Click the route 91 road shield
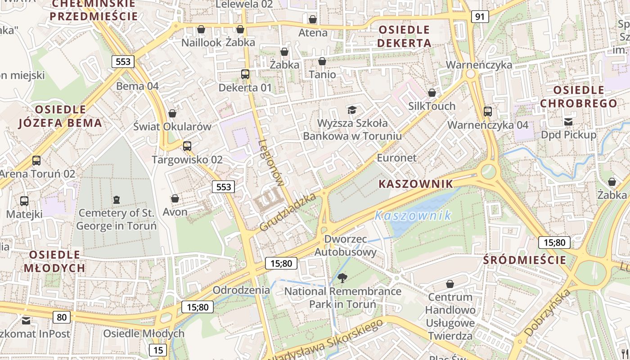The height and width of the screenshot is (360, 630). (480, 17)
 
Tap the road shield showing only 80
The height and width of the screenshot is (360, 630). (62, 317)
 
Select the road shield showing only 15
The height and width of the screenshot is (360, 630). (157, 350)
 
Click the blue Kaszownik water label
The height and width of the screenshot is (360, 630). (413, 216)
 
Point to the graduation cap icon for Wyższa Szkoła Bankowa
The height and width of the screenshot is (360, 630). (352, 110)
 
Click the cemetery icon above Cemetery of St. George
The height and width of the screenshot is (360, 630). (117, 199)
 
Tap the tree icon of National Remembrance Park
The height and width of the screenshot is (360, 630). (342, 278)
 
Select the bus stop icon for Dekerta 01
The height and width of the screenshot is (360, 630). (245, 74)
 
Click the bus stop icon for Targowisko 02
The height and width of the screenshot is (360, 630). (187, 146)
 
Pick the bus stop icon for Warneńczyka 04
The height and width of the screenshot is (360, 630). (488, 112)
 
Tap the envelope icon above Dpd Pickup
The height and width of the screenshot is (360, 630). (568, 121)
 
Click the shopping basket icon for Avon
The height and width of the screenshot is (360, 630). (175, 198)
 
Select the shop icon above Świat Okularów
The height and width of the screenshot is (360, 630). (172, 113)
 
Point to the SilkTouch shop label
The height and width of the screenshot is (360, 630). (432, 106)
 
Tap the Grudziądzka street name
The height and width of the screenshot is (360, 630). (288, 212)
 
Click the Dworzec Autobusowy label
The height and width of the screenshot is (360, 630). (345, 245)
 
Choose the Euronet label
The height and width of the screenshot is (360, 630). (396, 158)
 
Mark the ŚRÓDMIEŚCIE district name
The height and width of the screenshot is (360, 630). (524, 260)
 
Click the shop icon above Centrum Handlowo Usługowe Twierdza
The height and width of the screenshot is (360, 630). (450, 284)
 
